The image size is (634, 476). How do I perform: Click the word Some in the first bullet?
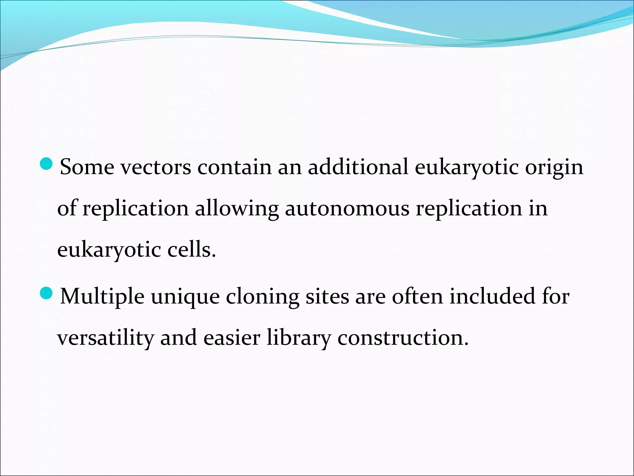point(87,167)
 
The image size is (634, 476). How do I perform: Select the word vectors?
point(156,168)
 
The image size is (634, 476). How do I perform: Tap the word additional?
point(358,167)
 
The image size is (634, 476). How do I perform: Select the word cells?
point(191,250)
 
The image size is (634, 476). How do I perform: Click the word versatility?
point(106,338)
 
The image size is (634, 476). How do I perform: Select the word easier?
point(232,338)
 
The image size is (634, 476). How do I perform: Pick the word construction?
point(403,338)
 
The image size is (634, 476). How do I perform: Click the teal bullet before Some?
point(47,163)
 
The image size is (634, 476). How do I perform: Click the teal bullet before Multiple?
point(47,293)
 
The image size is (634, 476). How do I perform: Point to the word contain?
point(234,167)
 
